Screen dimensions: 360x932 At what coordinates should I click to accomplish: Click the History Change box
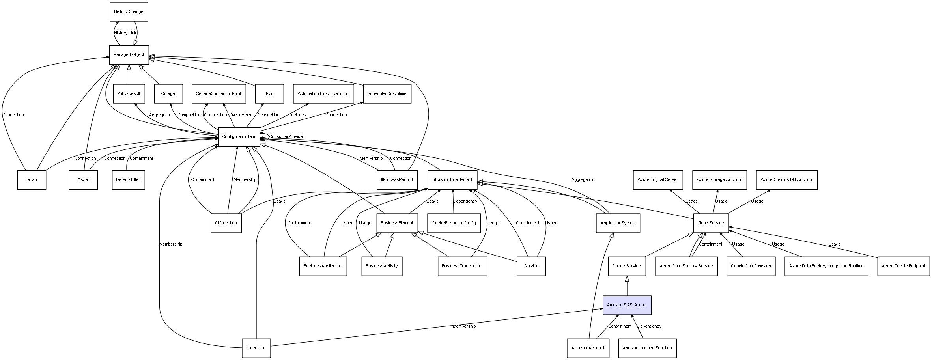tap(129, 12)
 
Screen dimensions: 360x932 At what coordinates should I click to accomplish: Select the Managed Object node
tap(129, 55)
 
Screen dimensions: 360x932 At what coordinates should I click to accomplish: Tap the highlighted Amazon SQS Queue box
tap(626, 305)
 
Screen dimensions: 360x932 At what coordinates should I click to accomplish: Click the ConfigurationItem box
tap(239, 137)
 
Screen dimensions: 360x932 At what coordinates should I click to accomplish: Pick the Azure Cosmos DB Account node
tap(786, 180)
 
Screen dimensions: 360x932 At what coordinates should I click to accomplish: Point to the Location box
tap(256, 348)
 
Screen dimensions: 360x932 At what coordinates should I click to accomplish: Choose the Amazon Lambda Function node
tap(647, 348)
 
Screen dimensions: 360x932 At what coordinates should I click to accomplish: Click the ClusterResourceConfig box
tap(454, 223)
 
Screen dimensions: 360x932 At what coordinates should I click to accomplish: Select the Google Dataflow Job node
tap(751, 266)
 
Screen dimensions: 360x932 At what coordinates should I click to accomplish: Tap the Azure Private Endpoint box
tap(903, 266)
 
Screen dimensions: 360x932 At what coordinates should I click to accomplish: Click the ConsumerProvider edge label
tap(286, 137)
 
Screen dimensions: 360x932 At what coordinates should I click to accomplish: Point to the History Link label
tap(125, 33)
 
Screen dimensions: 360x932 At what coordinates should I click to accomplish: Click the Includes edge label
tap(298, 115)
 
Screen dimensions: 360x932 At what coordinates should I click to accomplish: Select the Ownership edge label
tap(240, 115)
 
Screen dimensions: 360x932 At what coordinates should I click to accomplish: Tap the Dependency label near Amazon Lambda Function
tap(649, 326)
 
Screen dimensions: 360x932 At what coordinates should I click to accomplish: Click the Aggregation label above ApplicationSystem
tap(583, 180)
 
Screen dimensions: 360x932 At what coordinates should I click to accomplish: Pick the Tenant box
tap(32, 180)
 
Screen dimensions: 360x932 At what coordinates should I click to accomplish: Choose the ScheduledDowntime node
tap(387, 94)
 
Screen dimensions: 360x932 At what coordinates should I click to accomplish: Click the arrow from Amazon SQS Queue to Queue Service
tap(627, 286)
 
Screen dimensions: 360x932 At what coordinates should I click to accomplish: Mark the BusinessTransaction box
tap(462, 266)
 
